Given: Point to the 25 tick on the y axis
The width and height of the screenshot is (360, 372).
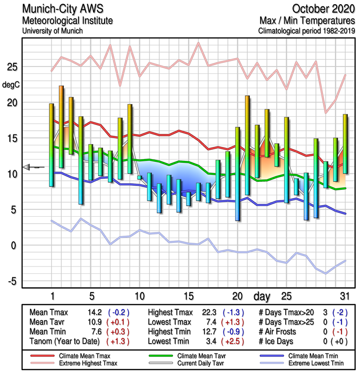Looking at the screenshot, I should (x=12, y=67).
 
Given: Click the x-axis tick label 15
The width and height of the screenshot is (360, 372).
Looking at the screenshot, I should (x=188, y=296).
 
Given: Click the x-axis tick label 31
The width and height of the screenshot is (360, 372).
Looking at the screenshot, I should (x=345, y=296).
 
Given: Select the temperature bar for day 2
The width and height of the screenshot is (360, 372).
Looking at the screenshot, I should (x=61, y=126).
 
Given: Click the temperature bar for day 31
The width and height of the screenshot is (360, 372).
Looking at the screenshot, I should (x=345, y=144).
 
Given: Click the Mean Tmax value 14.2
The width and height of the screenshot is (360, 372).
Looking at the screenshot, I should (x=95, y=312).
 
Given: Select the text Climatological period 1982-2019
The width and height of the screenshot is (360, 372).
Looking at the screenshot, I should (x=308, y=31).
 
